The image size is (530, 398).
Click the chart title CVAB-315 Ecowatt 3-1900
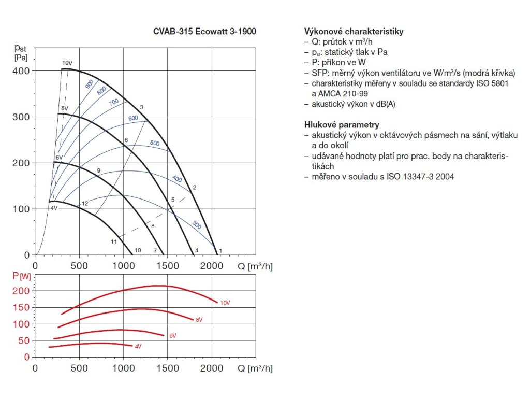tap(204, 31)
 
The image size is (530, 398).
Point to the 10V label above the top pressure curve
tap(67, 63)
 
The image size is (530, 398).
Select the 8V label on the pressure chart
tap(65, 108)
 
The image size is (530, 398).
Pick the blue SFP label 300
tap(196, 224)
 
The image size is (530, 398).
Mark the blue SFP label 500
tap(154, 143)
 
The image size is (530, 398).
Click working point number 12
tap(85, 204)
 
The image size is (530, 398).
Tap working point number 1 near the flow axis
tap(221, 251)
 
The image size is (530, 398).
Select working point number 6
tap(126, 140)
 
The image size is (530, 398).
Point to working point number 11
tap(114, 242)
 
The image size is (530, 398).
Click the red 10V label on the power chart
tap(225, 303)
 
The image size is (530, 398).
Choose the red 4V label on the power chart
tap(138, 346)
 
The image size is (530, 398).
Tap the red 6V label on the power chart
tap(172, 336)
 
